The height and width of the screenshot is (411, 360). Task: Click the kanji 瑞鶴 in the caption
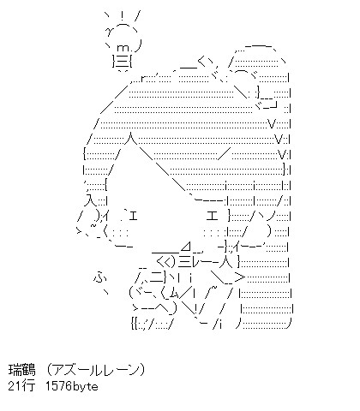tap(22, 370)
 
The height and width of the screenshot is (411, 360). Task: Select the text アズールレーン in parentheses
tap(96, 370)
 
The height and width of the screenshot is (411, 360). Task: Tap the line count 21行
tap(22, 386)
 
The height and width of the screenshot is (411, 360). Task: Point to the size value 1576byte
tap(72, 386)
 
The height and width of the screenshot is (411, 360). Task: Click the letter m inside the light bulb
tap(123, 49)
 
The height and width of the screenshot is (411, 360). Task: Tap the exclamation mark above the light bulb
tap(123, 17)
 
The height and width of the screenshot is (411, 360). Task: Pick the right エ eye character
tap(212, 216)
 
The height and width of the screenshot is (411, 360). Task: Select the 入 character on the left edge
tap(91, 200)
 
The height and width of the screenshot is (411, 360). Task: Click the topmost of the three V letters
tap(272, 124)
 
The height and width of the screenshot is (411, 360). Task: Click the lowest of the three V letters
tap(282, 155)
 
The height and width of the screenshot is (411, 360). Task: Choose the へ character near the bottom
tap(165, 307)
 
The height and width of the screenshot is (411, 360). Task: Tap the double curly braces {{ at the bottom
tap(135, 324)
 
